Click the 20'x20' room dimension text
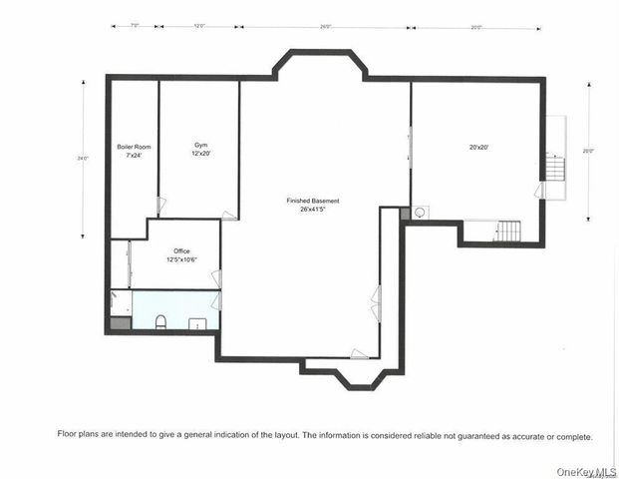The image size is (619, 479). click(x=478, y=148)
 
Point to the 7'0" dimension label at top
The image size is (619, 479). click(x=134, y=27)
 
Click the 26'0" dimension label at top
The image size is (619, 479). click(x=325, y=27)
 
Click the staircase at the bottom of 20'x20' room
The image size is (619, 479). click(x=507, y=232)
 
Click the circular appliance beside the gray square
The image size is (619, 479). click(x=420, y=213)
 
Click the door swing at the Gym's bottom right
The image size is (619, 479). click(x=229, y=214)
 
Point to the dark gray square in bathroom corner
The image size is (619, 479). click(x=119, y=323)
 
